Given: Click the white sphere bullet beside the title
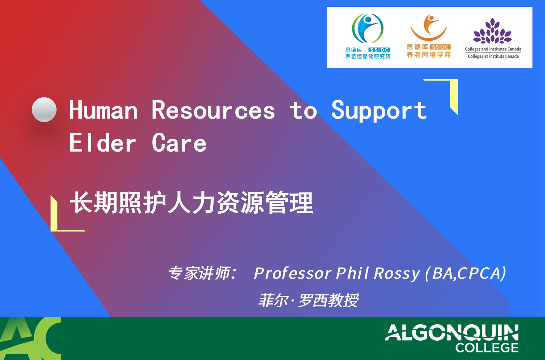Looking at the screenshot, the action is pos(44,109).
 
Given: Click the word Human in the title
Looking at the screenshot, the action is pos(103,110).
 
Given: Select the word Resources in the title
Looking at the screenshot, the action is pos(213,110).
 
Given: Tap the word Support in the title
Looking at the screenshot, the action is pos(379,111).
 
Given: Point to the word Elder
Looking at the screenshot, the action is pos(103,143).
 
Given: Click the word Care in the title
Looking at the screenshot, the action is pos(179,143).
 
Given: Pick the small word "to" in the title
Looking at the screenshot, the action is pos(304,111).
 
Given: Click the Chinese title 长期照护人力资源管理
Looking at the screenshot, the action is pos(192,203).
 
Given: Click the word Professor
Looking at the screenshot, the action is pos(292,273).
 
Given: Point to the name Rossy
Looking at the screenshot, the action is pos(397,274).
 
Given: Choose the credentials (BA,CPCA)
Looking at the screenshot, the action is pos(466,273).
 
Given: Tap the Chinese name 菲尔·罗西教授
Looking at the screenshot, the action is pos(308,300).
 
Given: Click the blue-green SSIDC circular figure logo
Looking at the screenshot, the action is pos(368,29).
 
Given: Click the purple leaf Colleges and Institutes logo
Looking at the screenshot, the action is pos(493,31).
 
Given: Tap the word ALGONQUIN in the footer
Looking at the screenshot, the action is pos(452,333).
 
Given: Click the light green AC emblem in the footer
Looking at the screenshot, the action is pos(30,339).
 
